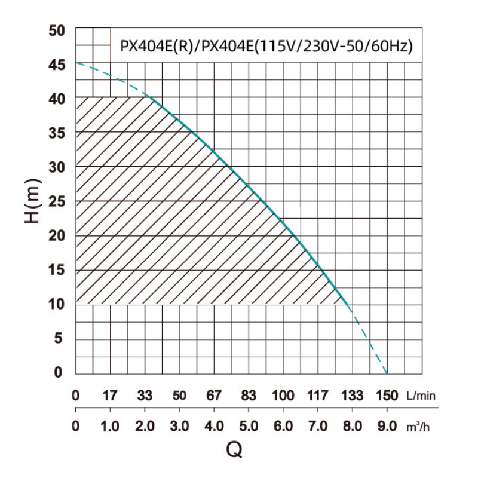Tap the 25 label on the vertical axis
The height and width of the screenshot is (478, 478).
pos(56,201)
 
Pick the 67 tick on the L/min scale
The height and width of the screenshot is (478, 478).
pos(214,396)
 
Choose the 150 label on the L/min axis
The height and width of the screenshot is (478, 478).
pos(387,396)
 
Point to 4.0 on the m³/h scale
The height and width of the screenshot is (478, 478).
pos(214,428)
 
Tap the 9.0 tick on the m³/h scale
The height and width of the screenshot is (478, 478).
pos(387,428)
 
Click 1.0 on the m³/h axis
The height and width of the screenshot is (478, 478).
pos(110,428)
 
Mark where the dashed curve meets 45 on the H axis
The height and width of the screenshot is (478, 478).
pos(76,63)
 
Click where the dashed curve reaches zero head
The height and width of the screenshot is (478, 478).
pos(387,373)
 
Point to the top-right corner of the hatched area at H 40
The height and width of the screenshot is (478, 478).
pos(149,97)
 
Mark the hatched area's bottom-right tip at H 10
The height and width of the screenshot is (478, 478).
pos(348,304)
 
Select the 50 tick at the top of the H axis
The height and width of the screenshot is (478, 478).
pos(56,30)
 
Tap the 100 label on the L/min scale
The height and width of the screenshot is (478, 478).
pos(283,396)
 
